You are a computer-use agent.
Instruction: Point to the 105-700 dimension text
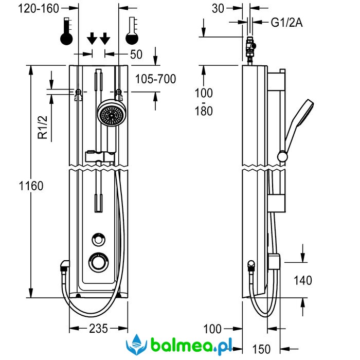[155, 79]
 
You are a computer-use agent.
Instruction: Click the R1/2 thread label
[43, 127]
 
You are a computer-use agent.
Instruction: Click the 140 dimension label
[303, 280]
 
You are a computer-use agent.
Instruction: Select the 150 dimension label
[262, 349]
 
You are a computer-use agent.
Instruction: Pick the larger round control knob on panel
[98, 262]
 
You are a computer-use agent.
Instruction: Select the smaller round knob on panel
[98, 239]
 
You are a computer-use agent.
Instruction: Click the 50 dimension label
[136, 54]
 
